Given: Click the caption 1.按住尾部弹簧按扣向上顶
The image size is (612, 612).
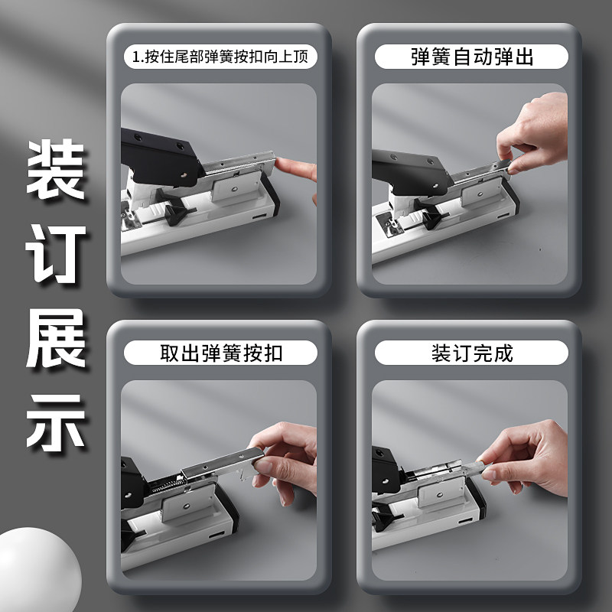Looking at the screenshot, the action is (220, 57).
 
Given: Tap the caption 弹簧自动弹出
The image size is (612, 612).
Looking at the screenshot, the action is (472, 57).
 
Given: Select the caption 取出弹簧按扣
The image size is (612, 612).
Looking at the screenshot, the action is (221, 353).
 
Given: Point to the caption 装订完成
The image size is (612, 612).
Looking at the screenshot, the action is (472, 353).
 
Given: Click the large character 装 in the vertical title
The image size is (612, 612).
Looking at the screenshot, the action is (55, 169).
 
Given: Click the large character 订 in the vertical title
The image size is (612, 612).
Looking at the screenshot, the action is (55, 254).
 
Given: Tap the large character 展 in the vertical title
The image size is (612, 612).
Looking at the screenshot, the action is (55, 338).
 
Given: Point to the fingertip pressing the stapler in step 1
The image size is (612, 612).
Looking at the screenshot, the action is (282, 164).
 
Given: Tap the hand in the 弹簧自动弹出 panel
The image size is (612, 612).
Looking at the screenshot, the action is (535, 132).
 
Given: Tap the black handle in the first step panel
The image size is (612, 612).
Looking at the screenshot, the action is (161, 157).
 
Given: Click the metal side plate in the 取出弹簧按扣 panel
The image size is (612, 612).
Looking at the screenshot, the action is (188, 503).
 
